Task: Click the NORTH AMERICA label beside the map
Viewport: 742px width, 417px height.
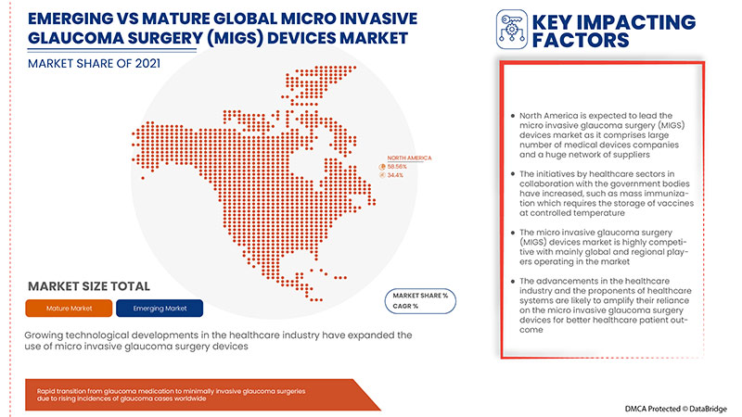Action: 409,158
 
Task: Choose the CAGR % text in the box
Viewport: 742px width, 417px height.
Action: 403,305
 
